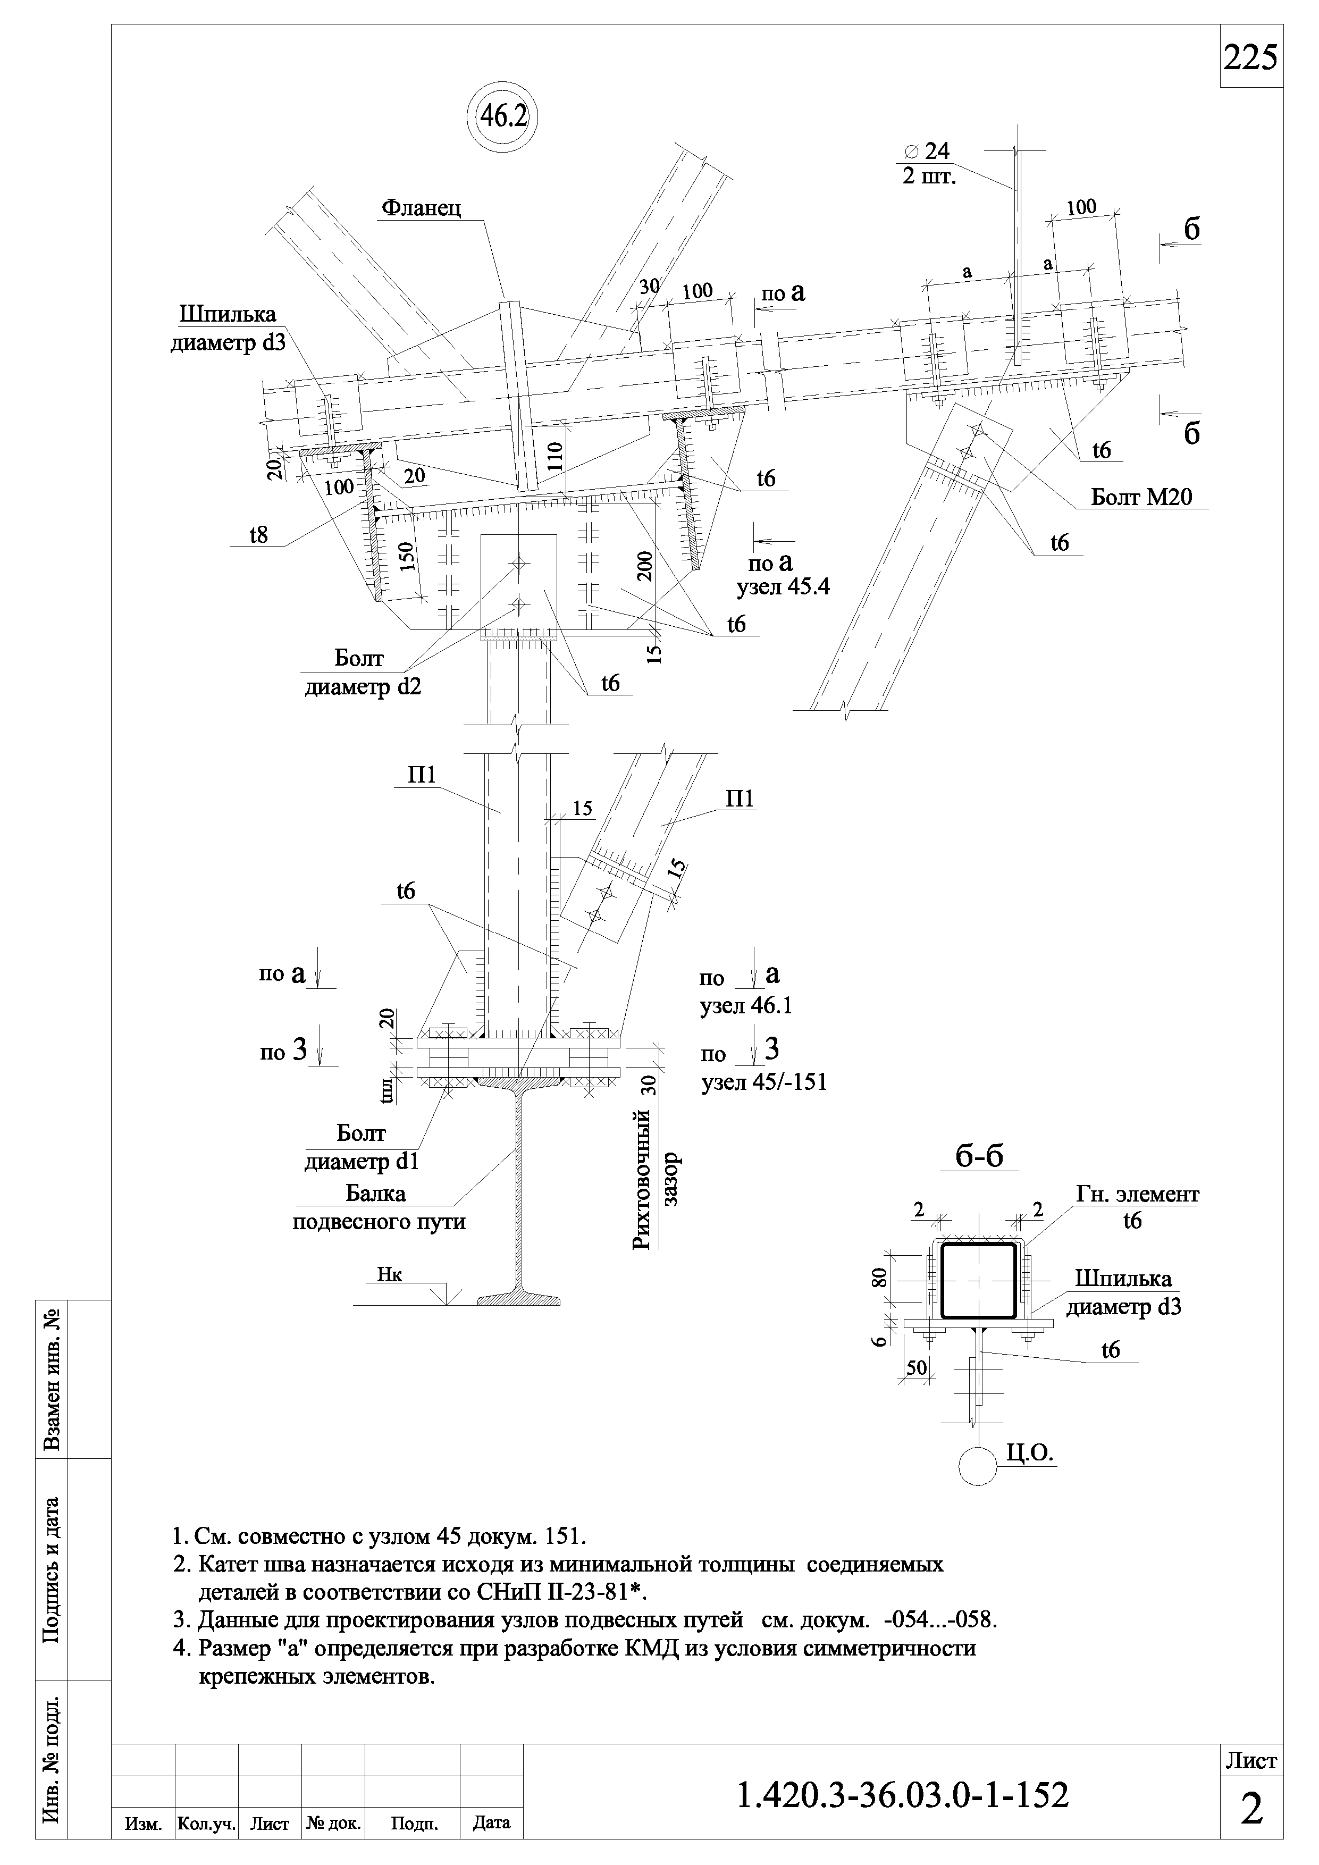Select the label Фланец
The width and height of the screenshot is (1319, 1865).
coord(422,209)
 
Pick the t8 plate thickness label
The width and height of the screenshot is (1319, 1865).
coord(258,534)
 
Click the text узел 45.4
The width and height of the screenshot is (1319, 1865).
coord(783,587)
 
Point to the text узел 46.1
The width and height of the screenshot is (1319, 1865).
coord(745,1006)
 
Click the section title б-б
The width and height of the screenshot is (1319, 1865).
coord(979,1156)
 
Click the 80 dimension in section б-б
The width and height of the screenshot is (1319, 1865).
coord(878,1278)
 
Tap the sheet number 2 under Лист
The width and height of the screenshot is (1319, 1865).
coord(1251,1809)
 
